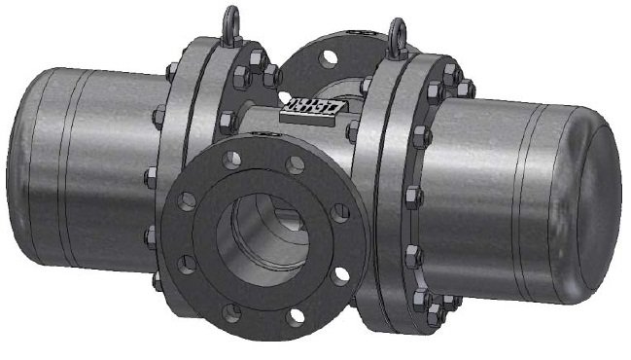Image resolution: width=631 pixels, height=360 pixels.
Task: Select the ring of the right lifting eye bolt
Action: (397, 32)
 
